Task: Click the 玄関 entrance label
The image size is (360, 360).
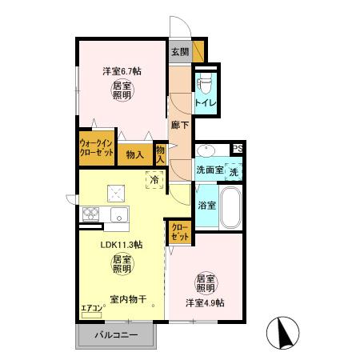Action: (x=179, y=52)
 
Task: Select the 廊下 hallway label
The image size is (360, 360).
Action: (x=180, y=124)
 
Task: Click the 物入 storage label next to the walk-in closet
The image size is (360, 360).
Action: (x=134, y=154)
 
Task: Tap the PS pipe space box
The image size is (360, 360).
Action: (x=237, y=149)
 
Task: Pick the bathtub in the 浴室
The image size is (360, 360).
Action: (x=230, y=208)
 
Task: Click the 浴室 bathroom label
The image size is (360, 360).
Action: (x=206, y=206)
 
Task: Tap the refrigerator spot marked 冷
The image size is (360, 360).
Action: (x=153, y=181)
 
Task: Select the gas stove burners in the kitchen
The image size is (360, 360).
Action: (x=90, y=214)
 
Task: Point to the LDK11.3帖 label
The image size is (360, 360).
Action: (x=122, y=245)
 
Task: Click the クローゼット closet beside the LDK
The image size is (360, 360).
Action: (x=179, y=232)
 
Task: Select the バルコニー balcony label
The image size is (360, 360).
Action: (x=118, y=334)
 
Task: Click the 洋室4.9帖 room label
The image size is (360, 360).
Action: (x=206, y=302)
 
